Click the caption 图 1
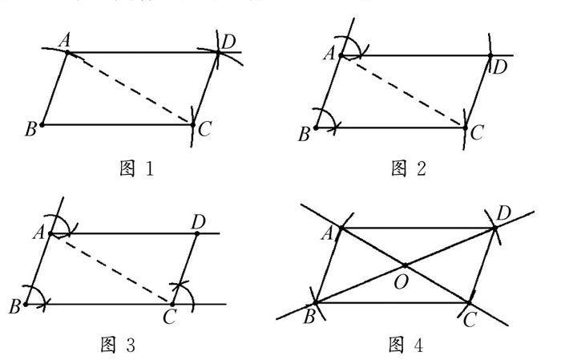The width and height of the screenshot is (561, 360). tap(130, 169)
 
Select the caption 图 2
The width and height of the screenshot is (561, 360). tap(409, 169)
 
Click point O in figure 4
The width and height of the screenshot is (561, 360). tap(406, 265)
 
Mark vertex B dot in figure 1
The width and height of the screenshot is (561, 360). tap(42, 125)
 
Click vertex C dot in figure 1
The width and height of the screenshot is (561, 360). tap(193, 124)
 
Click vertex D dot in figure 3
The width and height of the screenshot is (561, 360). tap(197, 233)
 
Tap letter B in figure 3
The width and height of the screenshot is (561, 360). tap(14, 308)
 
